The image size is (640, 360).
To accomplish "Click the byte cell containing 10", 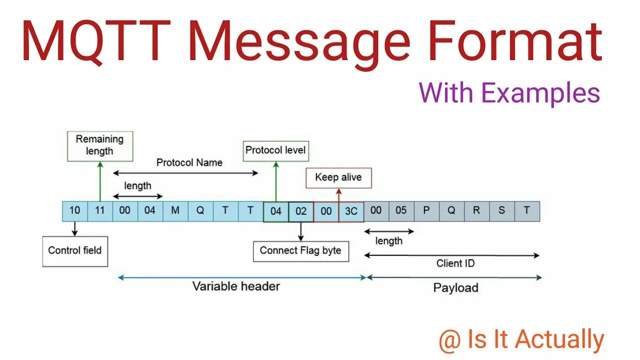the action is tap(75, 211).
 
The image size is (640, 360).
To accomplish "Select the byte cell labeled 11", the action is tap(100, 211).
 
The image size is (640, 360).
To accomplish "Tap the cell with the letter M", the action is tap(175, 211).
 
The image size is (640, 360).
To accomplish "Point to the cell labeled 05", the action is tap(401, 211).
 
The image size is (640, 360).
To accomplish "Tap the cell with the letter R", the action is tap(476, 211).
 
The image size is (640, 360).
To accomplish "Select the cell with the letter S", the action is tap(501, 211).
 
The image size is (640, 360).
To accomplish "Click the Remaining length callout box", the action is tap(100, 145).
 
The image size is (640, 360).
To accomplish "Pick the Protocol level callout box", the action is tap(275, 150).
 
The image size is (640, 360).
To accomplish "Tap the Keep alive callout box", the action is tap(338, 177).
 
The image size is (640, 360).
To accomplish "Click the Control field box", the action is tap(75, 250).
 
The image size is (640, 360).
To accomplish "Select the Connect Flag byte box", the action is tap(300, 251).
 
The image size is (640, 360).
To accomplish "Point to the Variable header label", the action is tap(236, 286).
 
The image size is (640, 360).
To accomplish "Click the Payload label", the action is tap(455, 288).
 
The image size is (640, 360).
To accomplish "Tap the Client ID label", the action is tap(455, 263).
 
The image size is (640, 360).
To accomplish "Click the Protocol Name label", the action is tap(189, 162).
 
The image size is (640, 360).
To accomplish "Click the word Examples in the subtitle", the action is tap(540, 93).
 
